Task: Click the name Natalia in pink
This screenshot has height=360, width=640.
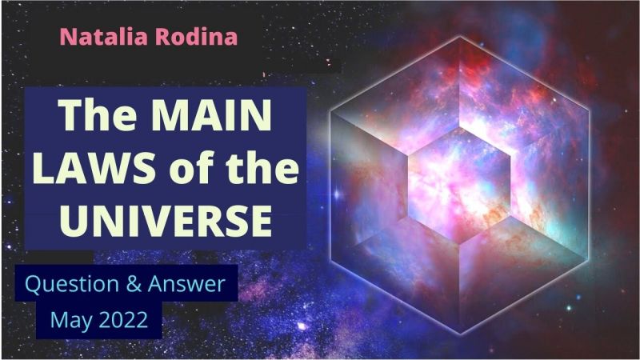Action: [104, 37]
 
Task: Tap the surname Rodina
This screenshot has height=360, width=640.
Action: [196, 37]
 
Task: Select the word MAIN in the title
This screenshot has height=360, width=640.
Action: [211, 114]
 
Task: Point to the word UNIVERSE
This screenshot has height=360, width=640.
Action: [166, 221]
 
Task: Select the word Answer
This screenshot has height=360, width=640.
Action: [186, 284]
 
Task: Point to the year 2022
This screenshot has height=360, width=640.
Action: [123, 319]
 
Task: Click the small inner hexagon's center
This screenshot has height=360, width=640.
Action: [459, 186]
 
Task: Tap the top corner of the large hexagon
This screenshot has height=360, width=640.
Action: [460, 37]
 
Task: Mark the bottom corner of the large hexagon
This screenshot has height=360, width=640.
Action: [460, 334]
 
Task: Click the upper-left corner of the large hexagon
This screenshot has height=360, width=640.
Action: [331, 111]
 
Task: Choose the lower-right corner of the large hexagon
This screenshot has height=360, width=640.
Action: [589, 259]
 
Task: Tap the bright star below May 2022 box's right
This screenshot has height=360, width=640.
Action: [302, 326]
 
